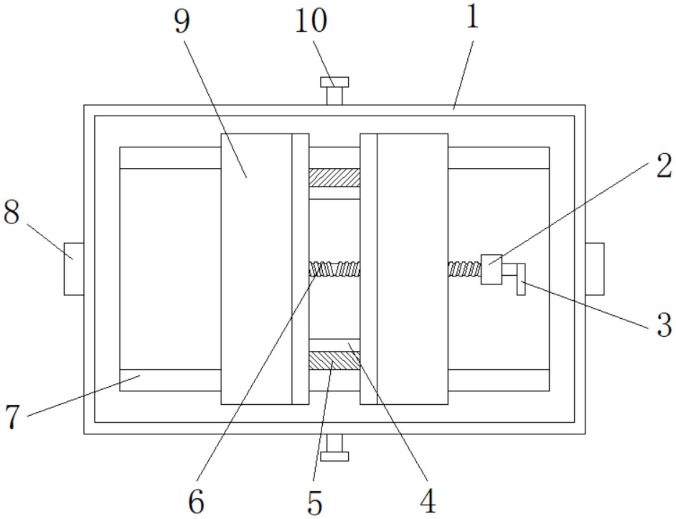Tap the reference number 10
point(311,21)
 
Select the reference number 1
point(472,17)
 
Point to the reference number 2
point(664,166)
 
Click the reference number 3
point(664,325)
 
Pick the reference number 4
point(428,501)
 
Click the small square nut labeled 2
point(491,270)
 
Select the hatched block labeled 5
point(334,361)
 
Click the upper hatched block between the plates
point(334,177)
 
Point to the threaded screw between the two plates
point(334,269)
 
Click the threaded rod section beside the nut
point(464,269)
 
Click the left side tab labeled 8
point(74,269)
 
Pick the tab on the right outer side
point(594,269)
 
